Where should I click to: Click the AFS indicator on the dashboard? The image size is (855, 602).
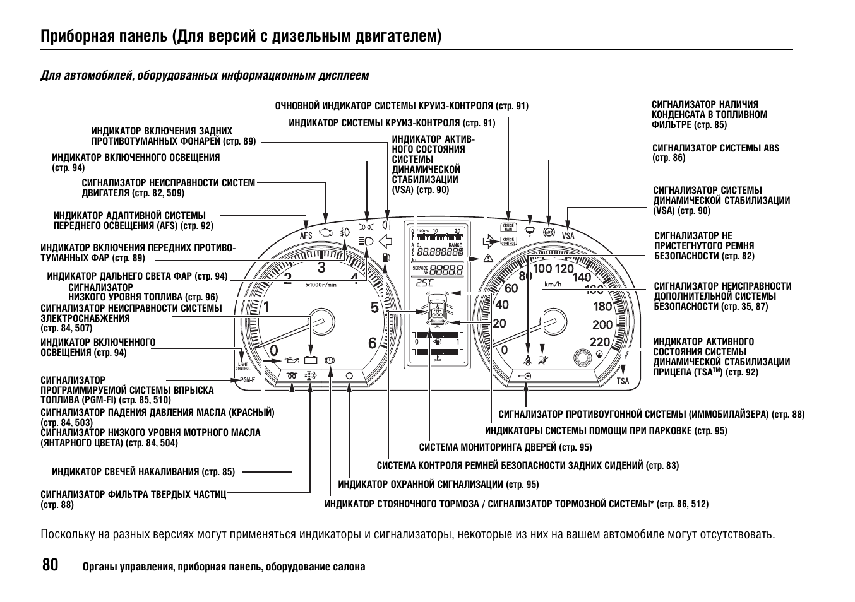(306, 235)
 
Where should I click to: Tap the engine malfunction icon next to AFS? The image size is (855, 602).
(325, 233)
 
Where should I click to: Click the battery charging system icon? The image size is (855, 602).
(310, 360)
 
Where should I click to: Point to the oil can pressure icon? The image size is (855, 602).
(290, 360)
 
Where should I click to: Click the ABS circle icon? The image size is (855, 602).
(549, 232)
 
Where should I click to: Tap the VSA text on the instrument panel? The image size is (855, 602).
(568, 236)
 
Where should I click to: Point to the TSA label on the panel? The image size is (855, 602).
(623, 381)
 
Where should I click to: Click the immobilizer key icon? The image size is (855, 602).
(525, 376)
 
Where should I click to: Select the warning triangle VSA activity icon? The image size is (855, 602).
(487, 258)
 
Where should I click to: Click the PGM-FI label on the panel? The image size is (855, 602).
(248, 380)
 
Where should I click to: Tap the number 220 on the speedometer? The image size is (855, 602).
(599, 341)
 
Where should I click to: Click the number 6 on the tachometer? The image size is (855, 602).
(372, 343)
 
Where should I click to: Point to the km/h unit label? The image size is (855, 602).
(553, 285)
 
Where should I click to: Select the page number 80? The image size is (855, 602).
(50, 564)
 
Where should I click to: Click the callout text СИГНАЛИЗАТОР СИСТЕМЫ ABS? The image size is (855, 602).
(715, 148)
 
